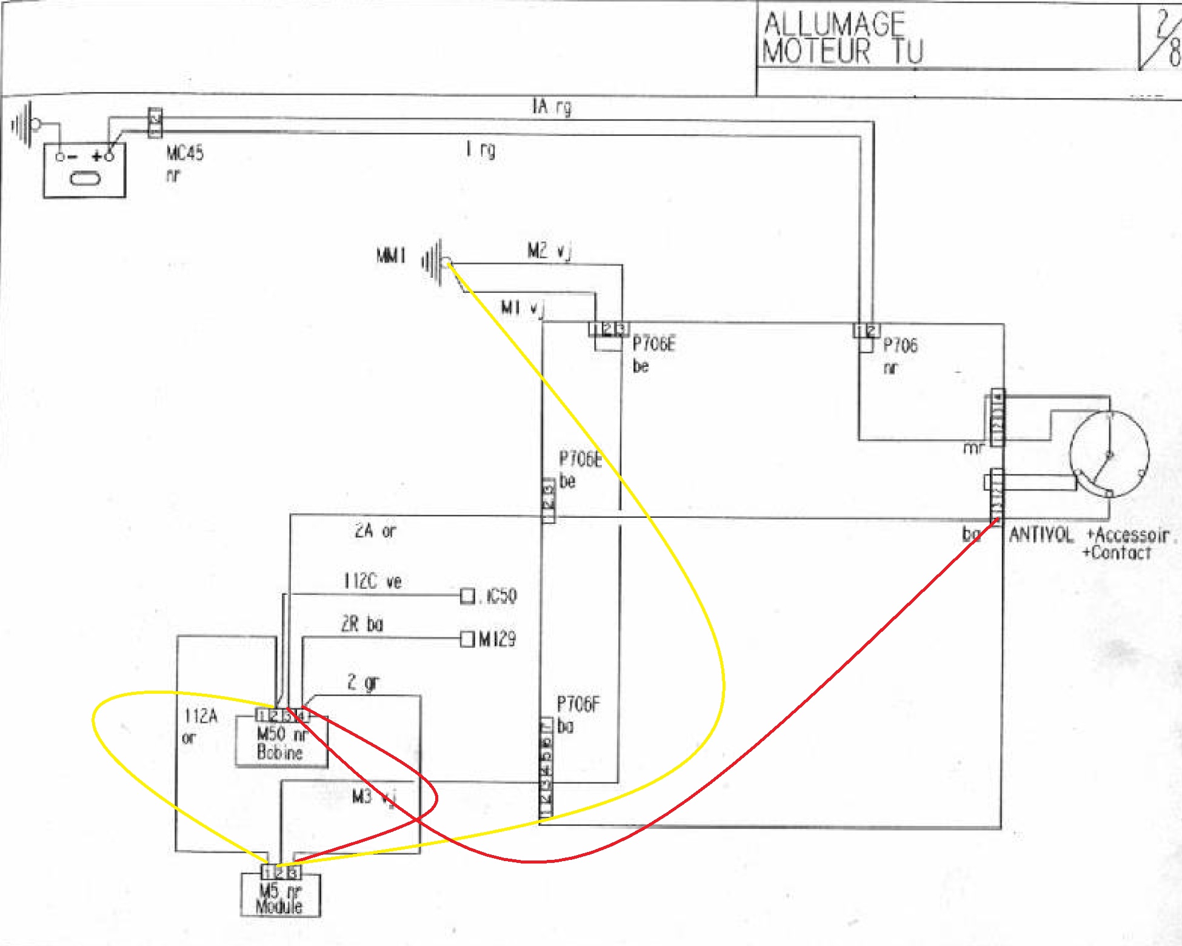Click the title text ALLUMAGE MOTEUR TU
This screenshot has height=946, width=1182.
point(843,38)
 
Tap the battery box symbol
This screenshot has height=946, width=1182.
point(84,170)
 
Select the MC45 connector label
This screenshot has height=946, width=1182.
point(185,153)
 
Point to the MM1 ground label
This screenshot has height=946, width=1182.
point(391,256)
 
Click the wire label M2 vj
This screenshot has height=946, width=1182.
point(549,250)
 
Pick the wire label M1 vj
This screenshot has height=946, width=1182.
point(522,308)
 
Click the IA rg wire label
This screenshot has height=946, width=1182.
point(552,107)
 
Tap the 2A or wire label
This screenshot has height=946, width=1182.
point(375,531)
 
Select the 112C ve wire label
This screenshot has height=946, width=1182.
point(372,582)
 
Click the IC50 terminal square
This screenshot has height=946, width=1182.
point(467,596)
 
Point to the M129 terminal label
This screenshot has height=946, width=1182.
point(497,639)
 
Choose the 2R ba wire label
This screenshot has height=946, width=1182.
point(362,624)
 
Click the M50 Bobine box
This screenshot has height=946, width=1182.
point(281,743)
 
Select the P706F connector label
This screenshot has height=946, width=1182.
point(578,704)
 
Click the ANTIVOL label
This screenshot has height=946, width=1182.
point(1040,535)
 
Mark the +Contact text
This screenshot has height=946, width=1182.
point(1117,553)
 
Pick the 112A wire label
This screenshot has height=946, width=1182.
point(201,717)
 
